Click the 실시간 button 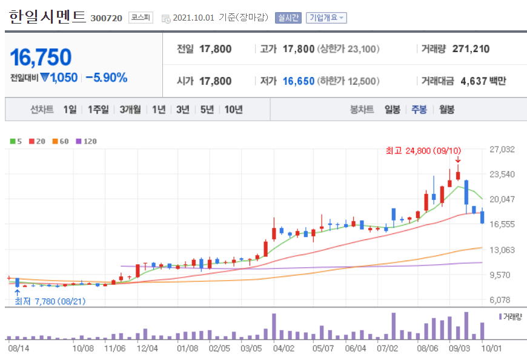tap(288, 18)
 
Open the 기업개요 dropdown tap(326, 18)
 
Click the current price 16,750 tap(41, 57)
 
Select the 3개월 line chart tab tap(130, 110)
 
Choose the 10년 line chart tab tap(233, 110)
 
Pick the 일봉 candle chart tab tap(392, 110)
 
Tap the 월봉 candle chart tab tap(446, 110)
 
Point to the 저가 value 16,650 tap(298, 81)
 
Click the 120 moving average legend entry tap(86, 141)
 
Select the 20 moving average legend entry tap(38, 141)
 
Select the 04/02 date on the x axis tap(283, 348)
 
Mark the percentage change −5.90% tap(107, 78)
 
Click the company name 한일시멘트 tap(48, 17)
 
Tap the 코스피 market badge tap(141, 18)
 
